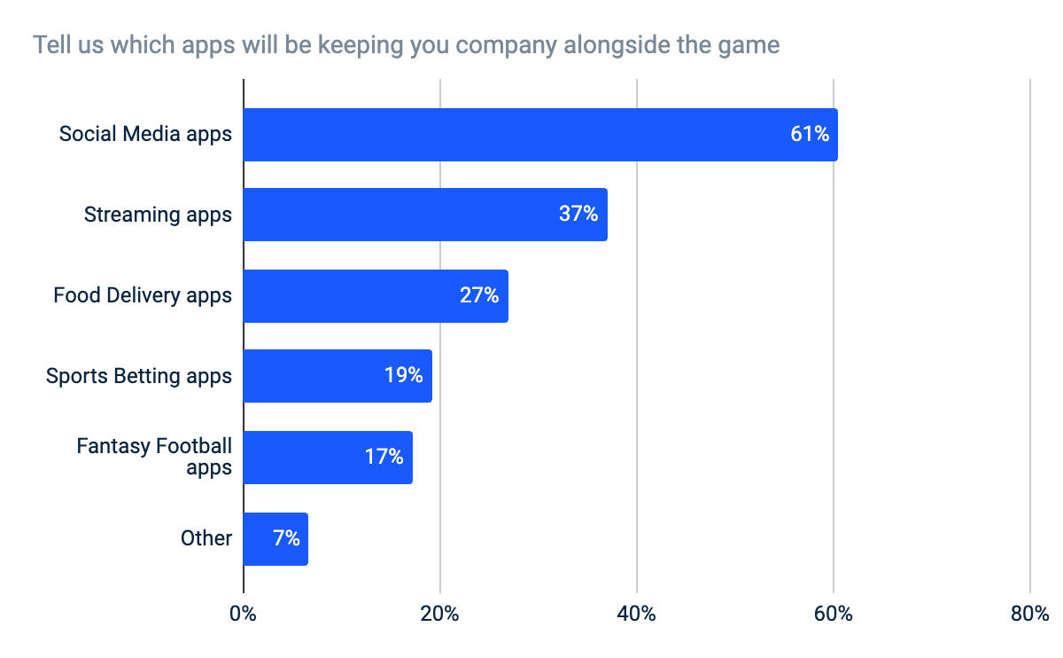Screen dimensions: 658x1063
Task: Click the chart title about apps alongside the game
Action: click(407, 44)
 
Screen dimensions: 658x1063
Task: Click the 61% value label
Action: click(810, 135)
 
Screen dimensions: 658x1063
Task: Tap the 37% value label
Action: click(578, 215)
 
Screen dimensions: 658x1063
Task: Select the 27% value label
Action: click(479, 296)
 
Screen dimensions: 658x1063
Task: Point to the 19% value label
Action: click(403, 376)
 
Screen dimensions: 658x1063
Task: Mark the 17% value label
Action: click(384, 458)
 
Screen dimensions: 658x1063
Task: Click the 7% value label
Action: click(286, 538)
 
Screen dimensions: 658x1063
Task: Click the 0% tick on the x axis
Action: click(243, 614)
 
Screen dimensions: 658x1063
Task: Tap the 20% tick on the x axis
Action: click(439, 614)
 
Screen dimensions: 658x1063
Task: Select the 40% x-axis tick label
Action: click(636, 614)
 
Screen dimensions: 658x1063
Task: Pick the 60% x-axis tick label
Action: click(833, 614)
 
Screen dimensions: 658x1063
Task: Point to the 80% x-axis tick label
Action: click(1029, 614)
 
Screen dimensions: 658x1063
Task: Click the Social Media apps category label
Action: click(145, 135)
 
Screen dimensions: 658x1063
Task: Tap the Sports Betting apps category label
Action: click(139, 376)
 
